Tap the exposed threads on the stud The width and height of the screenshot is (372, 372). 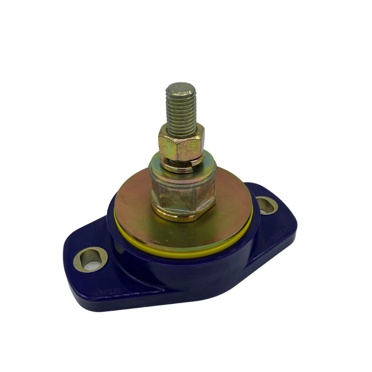coord(181,110)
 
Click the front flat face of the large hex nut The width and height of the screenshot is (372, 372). coord(179,198)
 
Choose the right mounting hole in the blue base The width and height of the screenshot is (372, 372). coord(267,205)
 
